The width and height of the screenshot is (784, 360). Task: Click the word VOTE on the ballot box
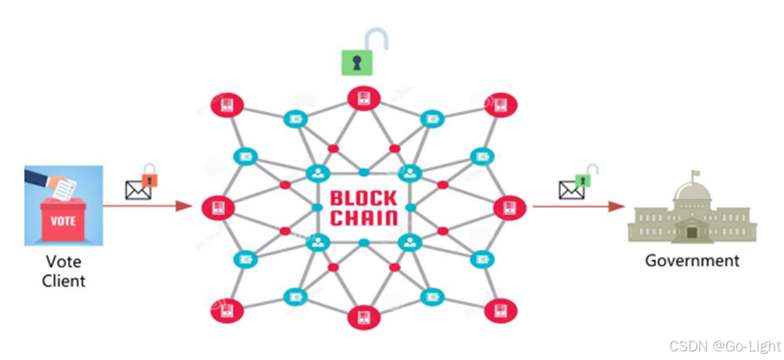(63, 220)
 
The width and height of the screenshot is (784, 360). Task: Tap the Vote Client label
(64, 271)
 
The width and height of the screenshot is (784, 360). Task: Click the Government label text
(692, 261)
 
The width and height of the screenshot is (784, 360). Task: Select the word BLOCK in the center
(364, 197)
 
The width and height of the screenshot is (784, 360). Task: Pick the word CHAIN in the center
(364, 217)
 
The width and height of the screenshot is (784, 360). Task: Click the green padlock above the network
(357, 62)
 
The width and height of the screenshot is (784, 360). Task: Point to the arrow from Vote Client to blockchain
(147, 206)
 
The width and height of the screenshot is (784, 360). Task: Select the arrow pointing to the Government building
(578, 206)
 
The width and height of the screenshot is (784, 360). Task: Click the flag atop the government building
(696, 174)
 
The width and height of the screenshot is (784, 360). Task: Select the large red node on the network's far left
(217, 207)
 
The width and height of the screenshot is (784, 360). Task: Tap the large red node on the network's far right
(509, 207)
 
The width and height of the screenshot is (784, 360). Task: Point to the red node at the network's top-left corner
(228, 104)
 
